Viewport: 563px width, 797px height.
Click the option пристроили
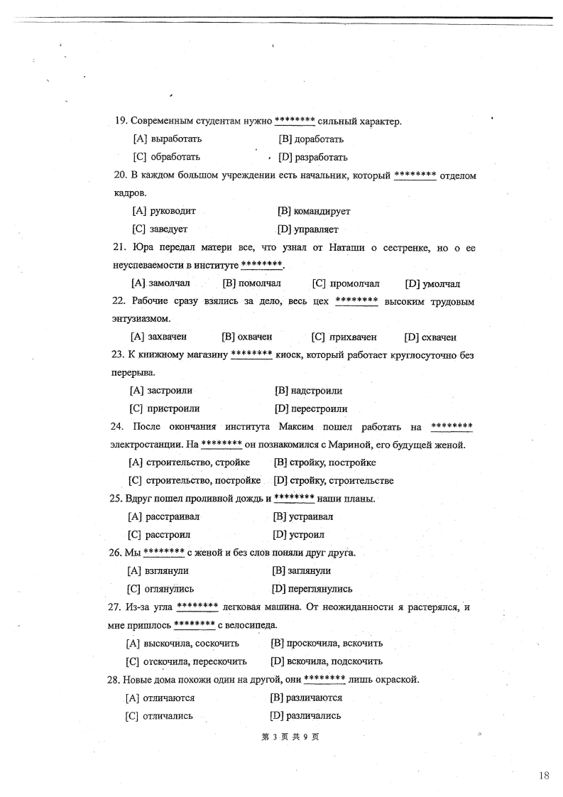tap(173, 408)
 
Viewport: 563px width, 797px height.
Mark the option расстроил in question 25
tap(168, 534)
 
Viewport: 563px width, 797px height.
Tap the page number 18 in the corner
tap(543, 776)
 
